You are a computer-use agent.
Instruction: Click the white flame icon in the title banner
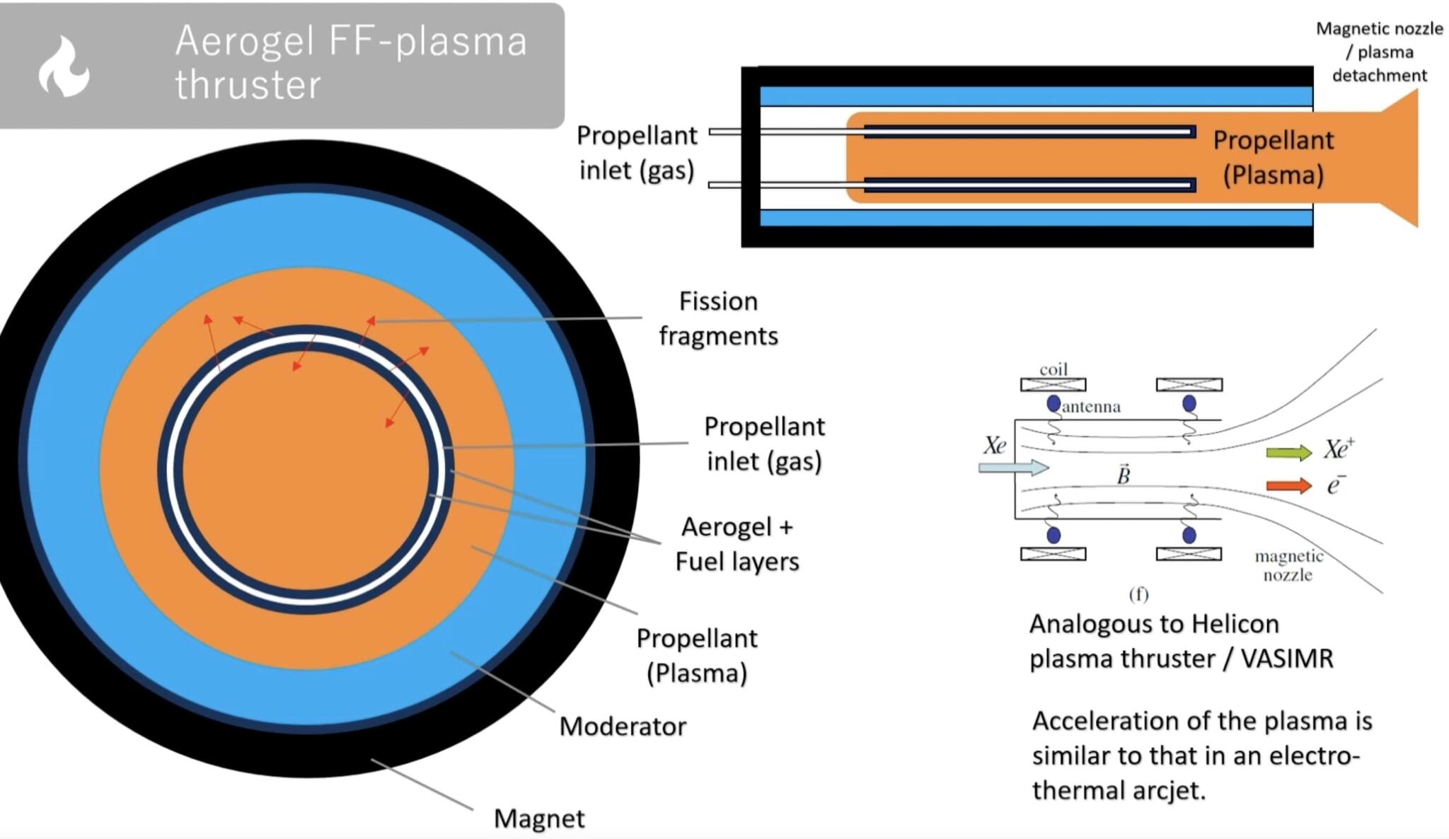(x=64, y=67)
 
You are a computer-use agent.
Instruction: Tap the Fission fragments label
(x=718, y=318)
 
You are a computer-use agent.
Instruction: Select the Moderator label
(x=623, y=727)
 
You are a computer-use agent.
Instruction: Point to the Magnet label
(x=539, y=818)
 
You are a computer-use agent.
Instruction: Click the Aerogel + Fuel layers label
(x=737, y=544)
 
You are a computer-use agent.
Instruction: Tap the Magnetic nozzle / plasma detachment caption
(x=1379, y=52)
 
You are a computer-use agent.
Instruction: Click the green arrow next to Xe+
(x=1288, y=453)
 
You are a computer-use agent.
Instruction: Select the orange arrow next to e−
(x=1288, y=485)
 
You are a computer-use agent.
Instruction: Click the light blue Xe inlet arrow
(x=1012, y=467)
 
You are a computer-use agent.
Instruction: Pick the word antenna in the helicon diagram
(x=1091, y=407)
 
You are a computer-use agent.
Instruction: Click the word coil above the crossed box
(x=1053, y=369)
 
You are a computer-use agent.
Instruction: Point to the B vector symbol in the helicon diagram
(x=1124, y=475)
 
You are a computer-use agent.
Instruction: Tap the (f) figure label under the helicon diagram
(x=1138, y=594)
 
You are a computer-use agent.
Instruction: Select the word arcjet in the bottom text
(x=1167, y=790)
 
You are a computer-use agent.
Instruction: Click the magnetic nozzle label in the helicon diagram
(x=1288, y=565)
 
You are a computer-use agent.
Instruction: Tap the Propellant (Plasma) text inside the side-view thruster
(x=1273, y=158)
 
